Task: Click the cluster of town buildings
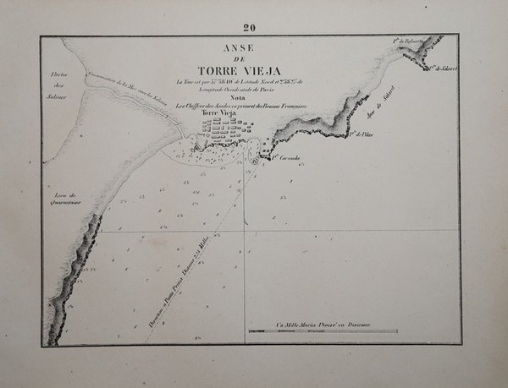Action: [x=224, y=131]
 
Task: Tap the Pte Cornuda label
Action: [x=289, y=156]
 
